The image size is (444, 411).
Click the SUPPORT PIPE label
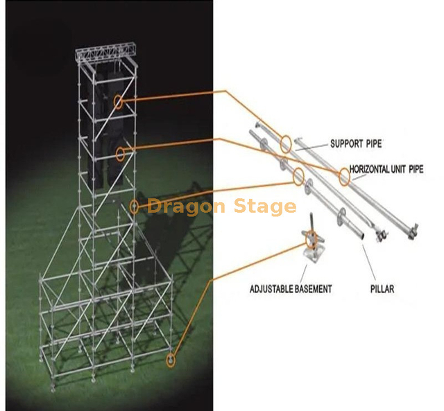355,144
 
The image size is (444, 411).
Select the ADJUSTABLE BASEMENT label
291,288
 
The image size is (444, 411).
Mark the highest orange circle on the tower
118,102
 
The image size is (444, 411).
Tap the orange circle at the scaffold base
171,359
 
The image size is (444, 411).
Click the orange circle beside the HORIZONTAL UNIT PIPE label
344,177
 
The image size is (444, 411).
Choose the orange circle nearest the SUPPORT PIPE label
286,145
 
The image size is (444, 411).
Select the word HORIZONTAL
372,168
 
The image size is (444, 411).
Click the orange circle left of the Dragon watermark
135,206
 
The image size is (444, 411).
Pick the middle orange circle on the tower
121,153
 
